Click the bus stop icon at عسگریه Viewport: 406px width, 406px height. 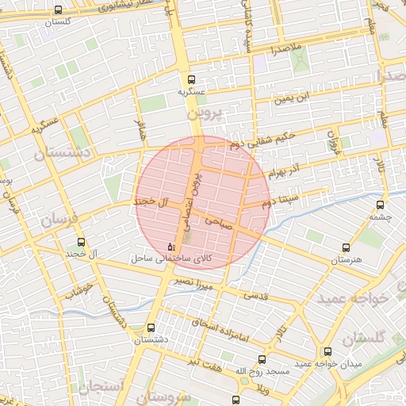pos(190,79)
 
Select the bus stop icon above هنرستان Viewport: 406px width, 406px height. pos(344,247)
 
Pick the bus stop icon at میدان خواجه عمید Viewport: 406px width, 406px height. pos(327,351)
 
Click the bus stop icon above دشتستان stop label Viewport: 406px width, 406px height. pos(151,327)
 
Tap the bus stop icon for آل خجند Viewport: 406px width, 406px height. pos(80,242)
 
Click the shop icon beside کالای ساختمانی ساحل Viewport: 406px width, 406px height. pos(172,247)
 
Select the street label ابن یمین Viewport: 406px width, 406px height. pos(289,99)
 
